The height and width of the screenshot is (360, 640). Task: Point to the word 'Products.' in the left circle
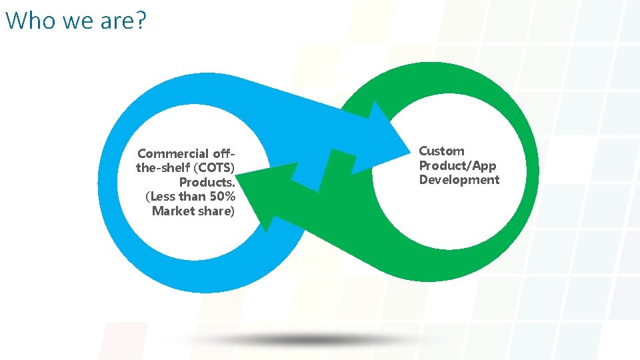[207, 182]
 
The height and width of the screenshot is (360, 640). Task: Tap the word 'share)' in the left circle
[218, 211]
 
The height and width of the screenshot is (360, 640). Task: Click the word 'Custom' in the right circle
[441, 151]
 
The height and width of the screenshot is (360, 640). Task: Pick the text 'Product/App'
[457, 165]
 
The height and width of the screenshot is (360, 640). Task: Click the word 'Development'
[459, 180]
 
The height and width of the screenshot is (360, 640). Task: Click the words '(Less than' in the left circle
[174, 197]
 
